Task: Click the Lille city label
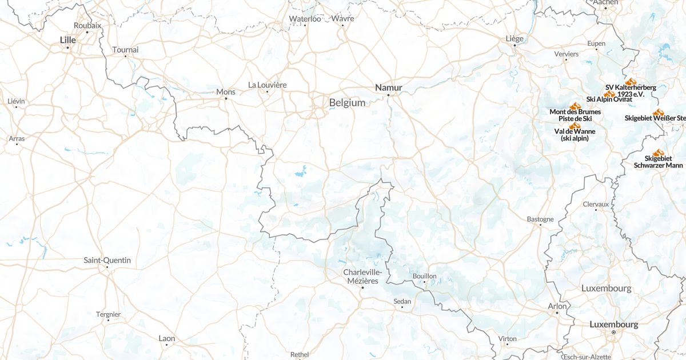pyautogui.click(x=67, y=39)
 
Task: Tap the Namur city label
pyautogui.click(x=389, y=87)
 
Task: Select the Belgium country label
pyautogui.click(x=347, y=103)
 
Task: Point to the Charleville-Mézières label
pyautogui.click(x=362, y=277)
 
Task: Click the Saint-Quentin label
pyautogui.click(x=107, y=260)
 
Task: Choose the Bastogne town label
pyautogui.click(x=540, y=219)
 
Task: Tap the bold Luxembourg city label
pyautogui.click(x=613, y=324)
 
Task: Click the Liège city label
pyautogui.click(x=514, y=38)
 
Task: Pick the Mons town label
pyautogui.click(x=226, y=91)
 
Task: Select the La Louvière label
pyautogui.click(x=268, y=85)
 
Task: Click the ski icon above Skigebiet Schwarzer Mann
pyautogui.click(x=658, y=153)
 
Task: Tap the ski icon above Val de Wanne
pyautogui.click(x=575, y=126)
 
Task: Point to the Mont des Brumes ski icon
pyautogui.click(x=575, y=106)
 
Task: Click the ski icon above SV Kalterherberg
pyautogui.click(x=631, y=82)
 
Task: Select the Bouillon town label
pyautogui.click(x=424, y=276)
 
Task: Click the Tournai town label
pyautogui.click(x=125, y=50)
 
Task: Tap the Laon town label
pyautogui.click(x=167, y=338)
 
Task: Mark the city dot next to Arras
pyautogui.click(x=17, y=144)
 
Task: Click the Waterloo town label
pyautogui.click(x=305, y=19)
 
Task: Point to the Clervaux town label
pyautogui.click(x=596, y=204)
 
